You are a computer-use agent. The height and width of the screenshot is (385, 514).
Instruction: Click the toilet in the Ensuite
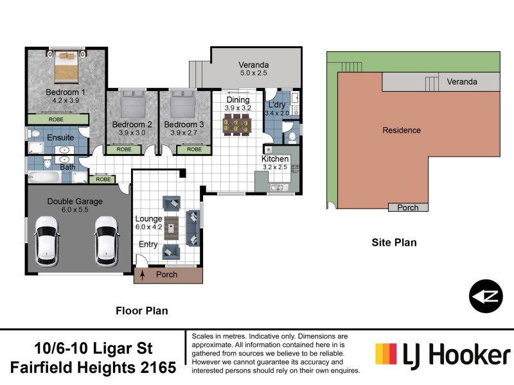tap(34, 135)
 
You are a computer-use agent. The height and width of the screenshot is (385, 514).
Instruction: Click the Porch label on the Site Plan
tap(408, 207)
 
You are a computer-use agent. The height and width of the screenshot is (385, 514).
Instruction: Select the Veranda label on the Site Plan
tap(462, 82)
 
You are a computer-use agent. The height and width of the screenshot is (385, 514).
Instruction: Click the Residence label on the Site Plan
tap(402, 130)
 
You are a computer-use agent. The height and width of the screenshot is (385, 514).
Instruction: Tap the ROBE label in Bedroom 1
tap(58, 119)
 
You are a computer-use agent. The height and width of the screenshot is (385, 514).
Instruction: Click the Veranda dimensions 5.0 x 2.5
tap(253, 74)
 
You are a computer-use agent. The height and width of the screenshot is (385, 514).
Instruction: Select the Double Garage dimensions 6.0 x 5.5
tap(75, 210)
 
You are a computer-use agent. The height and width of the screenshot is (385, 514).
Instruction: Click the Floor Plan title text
tap(141, 311)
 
